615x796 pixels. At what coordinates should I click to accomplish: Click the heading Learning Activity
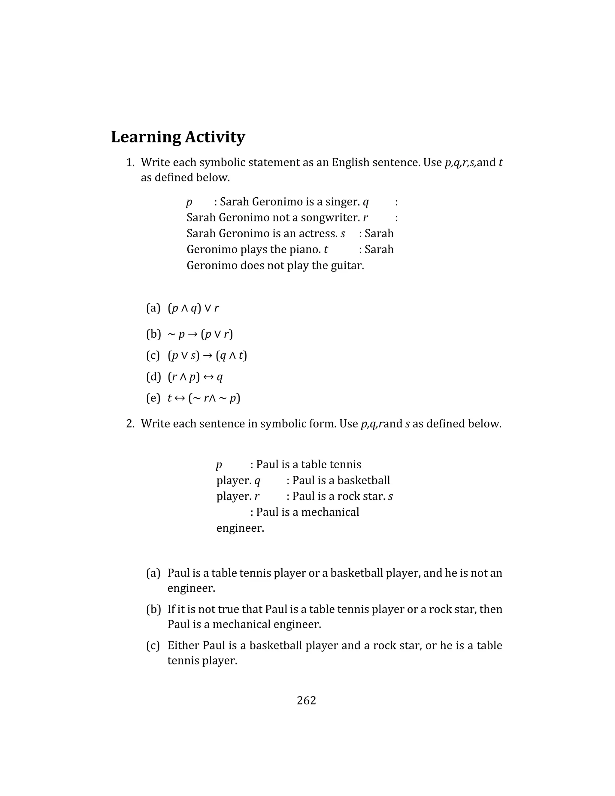(178, 137)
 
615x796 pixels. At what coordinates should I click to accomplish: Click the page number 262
(306, 700)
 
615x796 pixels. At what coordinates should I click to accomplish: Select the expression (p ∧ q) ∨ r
(193, 308)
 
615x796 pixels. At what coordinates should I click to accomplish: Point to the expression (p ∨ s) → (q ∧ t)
(207, 355)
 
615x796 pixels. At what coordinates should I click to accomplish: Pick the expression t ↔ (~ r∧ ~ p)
(204, 398)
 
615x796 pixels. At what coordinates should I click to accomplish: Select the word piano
(304, 249)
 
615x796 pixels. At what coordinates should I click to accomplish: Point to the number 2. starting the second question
(130, 424)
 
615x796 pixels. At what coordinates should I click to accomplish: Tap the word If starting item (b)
(171, 609)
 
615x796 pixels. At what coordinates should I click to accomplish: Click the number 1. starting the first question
(130, 162)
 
